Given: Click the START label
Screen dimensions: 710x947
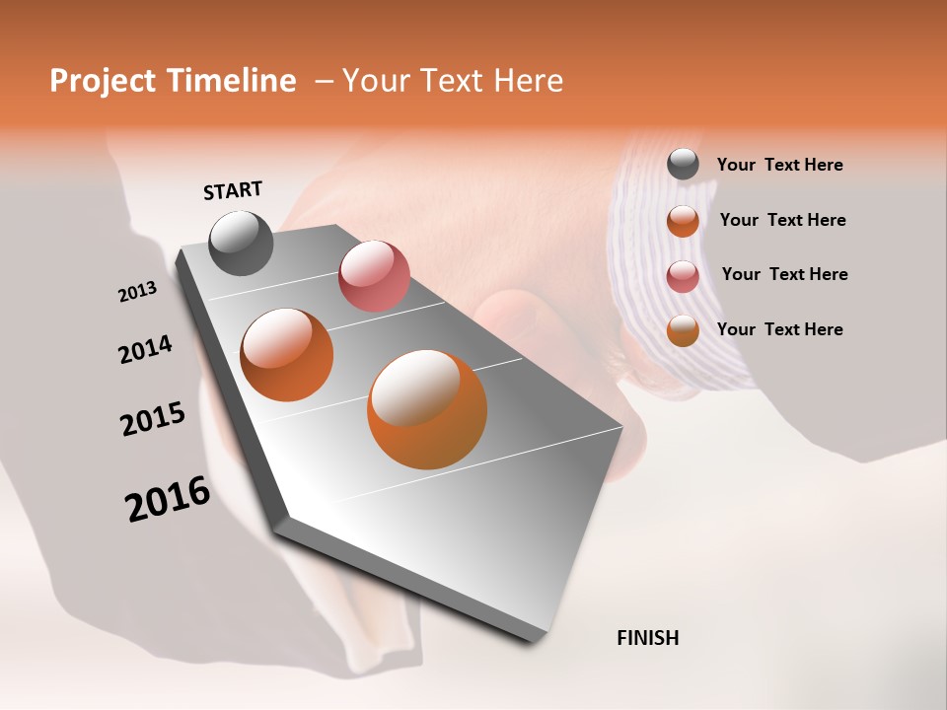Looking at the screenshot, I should tap(233, 190).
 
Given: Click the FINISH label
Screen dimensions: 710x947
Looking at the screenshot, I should tap(647, 638).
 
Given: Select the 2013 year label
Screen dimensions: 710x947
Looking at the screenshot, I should tap(137, 292).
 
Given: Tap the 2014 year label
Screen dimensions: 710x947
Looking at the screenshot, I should tap(145, 349).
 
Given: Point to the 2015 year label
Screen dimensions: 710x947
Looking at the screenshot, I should tap(153, 419).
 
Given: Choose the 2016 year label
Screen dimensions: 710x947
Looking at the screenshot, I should tap(168, 499).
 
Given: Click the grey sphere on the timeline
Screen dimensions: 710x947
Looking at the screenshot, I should tap(241, 243).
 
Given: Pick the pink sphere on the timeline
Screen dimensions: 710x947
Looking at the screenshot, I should tap(374, 276).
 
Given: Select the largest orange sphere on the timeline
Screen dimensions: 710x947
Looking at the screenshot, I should tap(427, 409).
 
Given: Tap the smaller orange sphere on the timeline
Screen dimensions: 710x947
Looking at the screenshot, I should tap(287, 355).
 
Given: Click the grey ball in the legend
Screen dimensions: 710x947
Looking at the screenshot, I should tap(683, 165).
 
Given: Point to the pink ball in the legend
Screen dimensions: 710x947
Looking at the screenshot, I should tap(683, 276).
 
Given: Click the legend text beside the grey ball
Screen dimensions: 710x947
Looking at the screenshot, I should tap(779, 165).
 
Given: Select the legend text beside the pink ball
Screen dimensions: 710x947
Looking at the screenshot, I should tap(784, 274).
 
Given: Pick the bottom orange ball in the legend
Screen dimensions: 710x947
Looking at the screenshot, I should tap(683, 330).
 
